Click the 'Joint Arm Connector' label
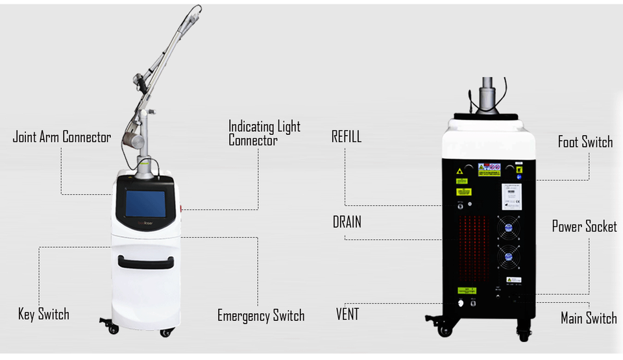[62, 138]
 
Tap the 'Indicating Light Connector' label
[264, 132]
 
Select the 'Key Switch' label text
[43, 315]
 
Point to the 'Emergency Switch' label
[261, 316]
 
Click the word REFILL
[346, 137]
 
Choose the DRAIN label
[347, 222]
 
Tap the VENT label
[347, 315]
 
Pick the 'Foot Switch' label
[585, 141]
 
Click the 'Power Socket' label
[584, 226]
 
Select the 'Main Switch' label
[588, 318]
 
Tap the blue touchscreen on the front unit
[145, 204]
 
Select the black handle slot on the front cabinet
[145, 261]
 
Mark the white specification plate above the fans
[511, 195]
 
